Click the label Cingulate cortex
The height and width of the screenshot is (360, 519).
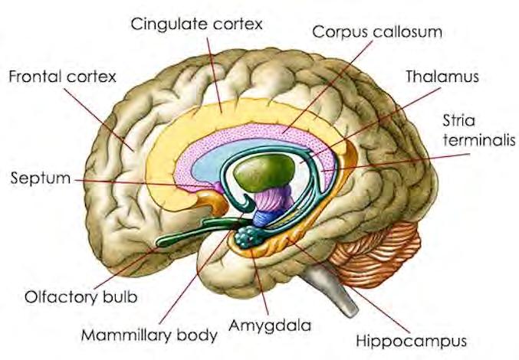click(x=197, y=24)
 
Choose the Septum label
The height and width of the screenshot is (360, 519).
click(x=39, y=179)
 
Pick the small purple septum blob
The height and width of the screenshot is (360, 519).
click(x=219, y=185)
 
